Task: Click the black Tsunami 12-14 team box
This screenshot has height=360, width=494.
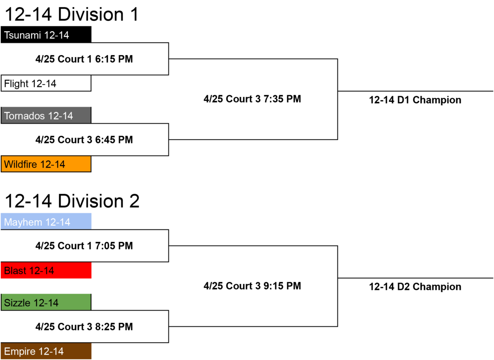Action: click(46, 35)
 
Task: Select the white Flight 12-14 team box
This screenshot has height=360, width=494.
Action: click(46, 83)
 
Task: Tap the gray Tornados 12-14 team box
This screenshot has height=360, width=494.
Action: click(46, 115)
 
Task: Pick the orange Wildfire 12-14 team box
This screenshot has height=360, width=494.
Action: click(46, 164)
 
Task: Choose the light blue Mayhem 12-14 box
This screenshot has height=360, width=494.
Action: click(46, 221)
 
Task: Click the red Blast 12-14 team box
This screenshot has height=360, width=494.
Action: click(46, 270)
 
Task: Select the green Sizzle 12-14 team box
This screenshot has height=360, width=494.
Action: click(46, 302)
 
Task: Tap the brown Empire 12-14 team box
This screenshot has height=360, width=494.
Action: click(46, 351)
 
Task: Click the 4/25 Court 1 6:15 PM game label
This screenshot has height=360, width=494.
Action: click(84, 59)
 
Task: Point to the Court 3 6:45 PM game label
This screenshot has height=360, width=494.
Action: click(84, 140)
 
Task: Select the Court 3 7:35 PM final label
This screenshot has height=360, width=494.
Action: click(252, 99)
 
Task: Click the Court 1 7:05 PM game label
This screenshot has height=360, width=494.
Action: click(84, 246)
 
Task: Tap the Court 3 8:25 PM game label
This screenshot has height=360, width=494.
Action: click(84, 327)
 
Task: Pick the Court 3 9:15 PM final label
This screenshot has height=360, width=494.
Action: click(252, 286)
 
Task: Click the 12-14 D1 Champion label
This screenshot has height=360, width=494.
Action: click(415, 100)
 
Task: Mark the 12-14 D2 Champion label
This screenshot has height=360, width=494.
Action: click(415, 287)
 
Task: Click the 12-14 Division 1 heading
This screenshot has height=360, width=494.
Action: click(72, 14)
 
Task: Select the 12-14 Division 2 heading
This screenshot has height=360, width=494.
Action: click(72, 201)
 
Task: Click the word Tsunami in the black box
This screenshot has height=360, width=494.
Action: click(23, 35)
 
